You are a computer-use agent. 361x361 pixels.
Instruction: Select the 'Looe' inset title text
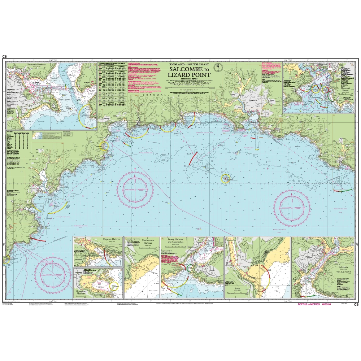[237, 289]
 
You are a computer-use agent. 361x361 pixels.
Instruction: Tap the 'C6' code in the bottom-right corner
[356, 304]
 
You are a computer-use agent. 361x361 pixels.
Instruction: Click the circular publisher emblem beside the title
[217, 68]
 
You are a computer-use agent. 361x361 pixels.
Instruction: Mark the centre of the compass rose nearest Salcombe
[292, 207]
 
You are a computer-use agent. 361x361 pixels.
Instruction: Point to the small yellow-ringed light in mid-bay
[226, 178]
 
